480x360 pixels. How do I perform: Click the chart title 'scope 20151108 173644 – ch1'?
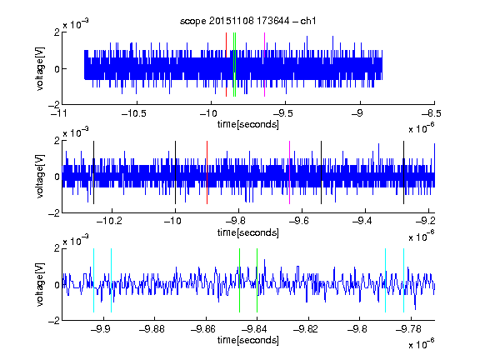coord(248,21)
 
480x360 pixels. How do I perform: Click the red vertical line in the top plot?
coord(226,65)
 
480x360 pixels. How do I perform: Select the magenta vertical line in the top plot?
coord(264,65)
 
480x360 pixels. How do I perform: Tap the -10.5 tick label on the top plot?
coord(134,113)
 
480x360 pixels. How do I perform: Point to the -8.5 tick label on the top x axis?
coord(432,113)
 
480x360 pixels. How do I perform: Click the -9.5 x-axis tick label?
coord(282,113)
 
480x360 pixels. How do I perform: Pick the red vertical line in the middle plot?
coord(207,172)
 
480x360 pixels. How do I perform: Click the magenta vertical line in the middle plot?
coord(290,172)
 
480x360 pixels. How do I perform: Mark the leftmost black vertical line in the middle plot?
coord(93,172)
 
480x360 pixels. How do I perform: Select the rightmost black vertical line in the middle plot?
coord(403,172)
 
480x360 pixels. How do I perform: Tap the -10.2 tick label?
coord(109,221)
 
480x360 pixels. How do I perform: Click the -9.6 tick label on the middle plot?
coord(298,221)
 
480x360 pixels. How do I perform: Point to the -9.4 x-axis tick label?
coord(362,221)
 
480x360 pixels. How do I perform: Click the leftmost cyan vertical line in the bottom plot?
coord(93,280)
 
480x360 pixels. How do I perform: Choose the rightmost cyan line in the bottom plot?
coord(403,280)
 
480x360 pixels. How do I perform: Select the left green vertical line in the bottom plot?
coord(239,280)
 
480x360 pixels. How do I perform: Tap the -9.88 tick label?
coord(152,329)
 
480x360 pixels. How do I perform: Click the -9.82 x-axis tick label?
coord(306,329)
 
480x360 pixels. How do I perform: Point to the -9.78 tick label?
coord(408,329)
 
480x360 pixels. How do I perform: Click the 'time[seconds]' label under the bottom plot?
coord(248,340)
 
